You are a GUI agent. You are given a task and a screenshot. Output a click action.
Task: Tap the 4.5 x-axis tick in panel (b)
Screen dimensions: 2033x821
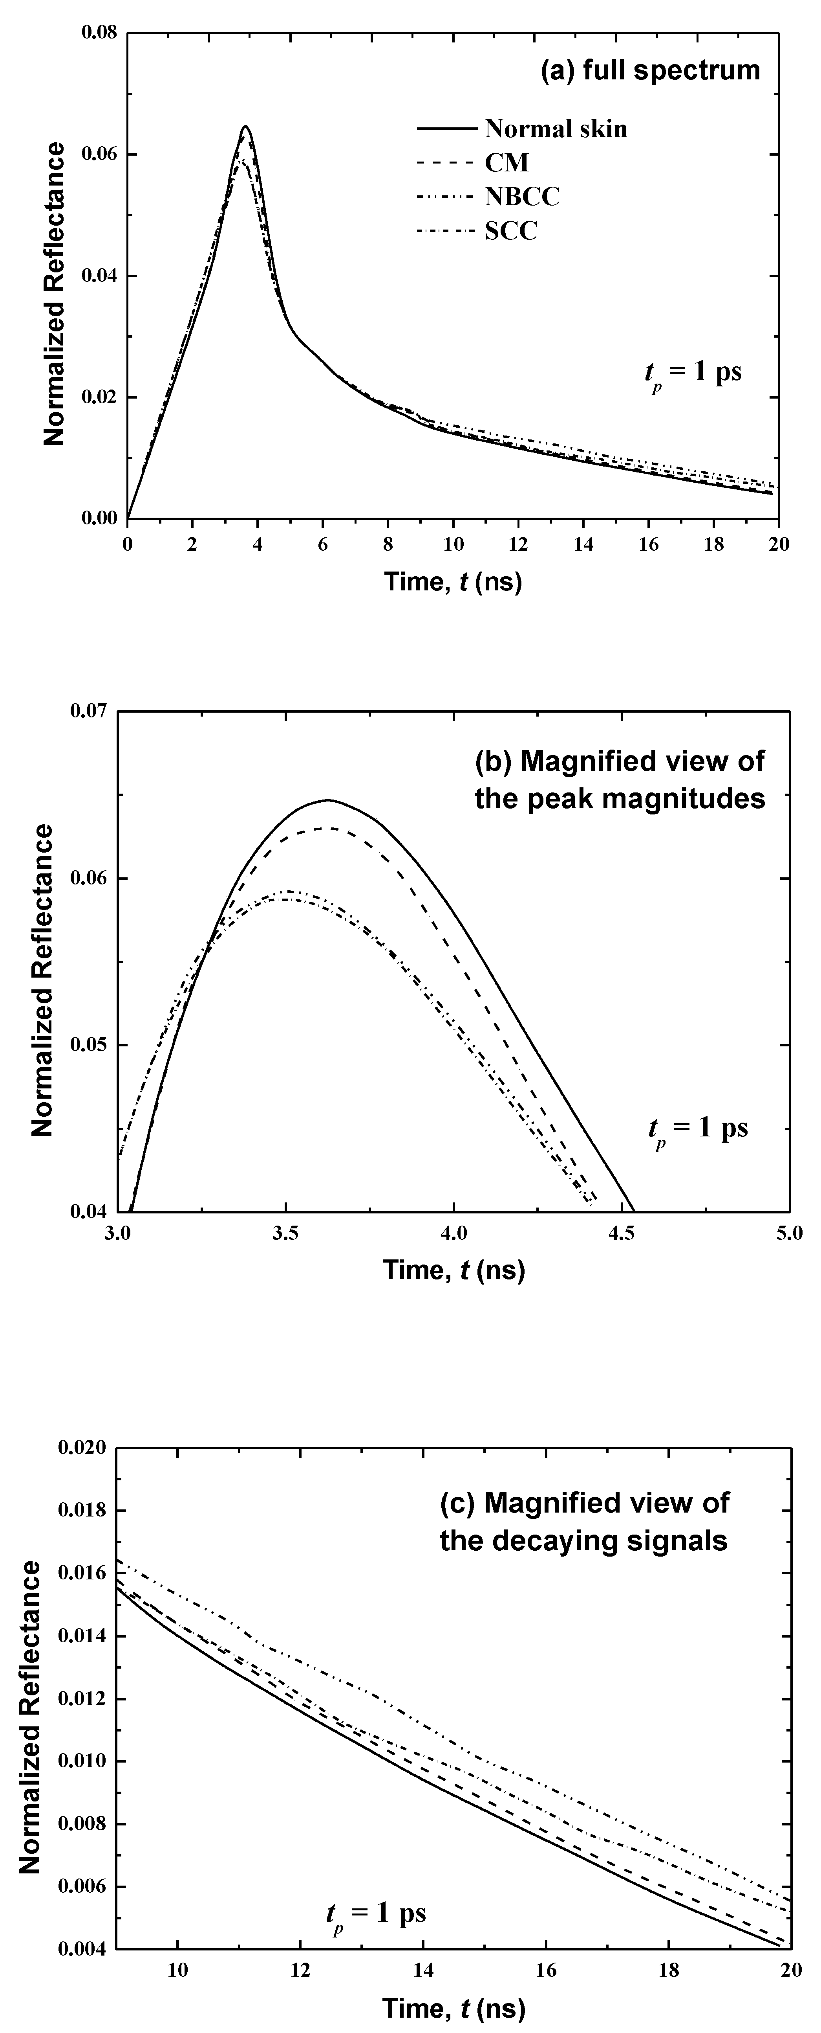pos(621,1233)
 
